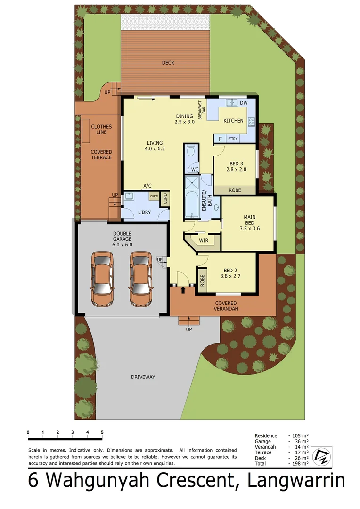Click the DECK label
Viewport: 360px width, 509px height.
tap(168, 63)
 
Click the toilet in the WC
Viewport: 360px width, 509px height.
tap(191, 151)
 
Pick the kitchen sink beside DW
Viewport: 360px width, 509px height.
tap(231, 102)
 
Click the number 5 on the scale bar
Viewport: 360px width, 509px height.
tap(102, 432)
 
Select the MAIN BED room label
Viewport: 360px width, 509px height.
tap(249, 220)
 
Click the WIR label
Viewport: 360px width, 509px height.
tap(204, 240)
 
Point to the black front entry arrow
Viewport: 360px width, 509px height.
tap(183, 289)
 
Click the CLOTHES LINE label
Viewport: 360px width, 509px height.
tap(101, 129)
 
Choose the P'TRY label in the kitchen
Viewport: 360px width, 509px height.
tap(232, 139)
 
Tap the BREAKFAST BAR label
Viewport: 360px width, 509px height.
tap(202, 110)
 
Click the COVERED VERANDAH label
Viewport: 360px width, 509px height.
tap(226, 305)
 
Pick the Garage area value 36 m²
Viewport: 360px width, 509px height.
tap(301, 442)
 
